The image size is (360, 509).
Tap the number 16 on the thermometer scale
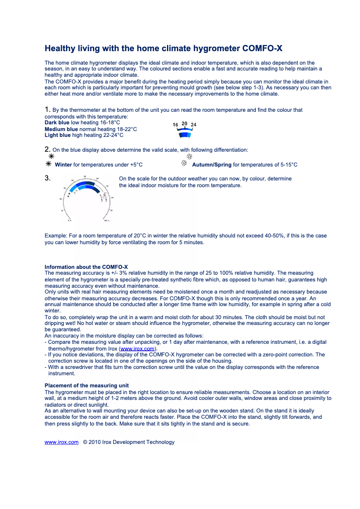click(176, 124)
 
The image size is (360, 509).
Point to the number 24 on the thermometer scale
click(193, 124)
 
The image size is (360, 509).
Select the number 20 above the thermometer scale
click(184, 123)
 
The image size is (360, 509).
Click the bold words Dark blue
click(57, 123)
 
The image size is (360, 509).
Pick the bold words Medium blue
click(61, 129)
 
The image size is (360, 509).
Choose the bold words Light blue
click(57, 136)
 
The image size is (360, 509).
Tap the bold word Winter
click(63, 165)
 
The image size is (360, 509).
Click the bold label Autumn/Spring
click(212, 165)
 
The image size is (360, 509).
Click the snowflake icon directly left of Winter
click(48, 164)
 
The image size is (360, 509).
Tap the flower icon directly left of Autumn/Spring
click(184, 164)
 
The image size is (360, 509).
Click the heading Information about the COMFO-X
click(86, 267)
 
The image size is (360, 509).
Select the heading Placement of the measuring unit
click(87, 386)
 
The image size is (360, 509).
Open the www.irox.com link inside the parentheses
click(137, 349)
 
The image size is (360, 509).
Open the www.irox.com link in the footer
click(61, 442)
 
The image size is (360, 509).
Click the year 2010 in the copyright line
click(95, 442)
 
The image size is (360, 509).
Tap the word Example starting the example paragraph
click(56, 236)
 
